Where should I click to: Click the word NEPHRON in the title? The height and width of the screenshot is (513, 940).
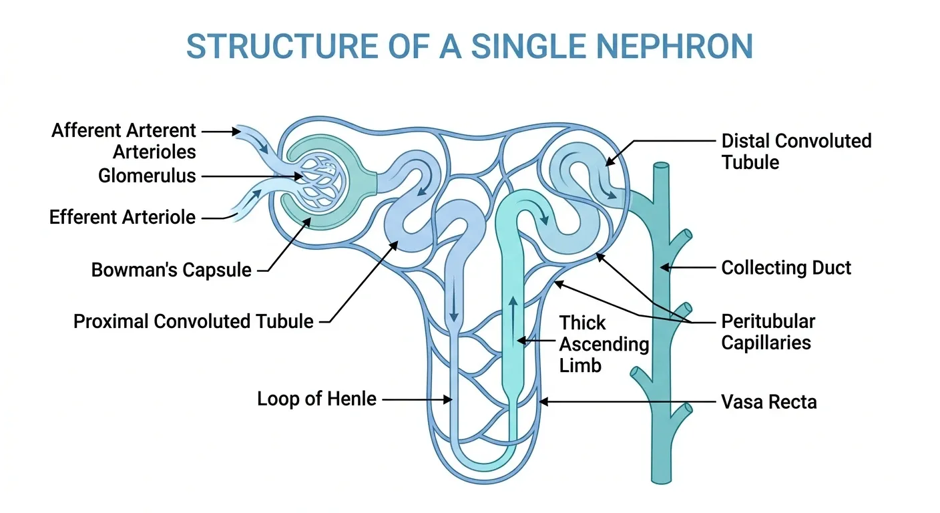point(674,46)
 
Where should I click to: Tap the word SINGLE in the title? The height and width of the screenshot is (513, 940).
point(528,46)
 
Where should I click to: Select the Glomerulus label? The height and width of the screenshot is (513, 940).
point(147,176)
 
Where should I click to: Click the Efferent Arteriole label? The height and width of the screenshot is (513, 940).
point(122,218)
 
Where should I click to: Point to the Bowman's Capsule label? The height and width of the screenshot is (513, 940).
point(171,270)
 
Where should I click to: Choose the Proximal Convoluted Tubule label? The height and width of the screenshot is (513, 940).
point(194,321)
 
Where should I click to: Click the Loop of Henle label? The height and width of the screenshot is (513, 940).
point(317,399)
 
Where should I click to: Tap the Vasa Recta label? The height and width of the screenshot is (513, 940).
point(769,402)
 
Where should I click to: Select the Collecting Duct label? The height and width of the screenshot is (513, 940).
point(786,268)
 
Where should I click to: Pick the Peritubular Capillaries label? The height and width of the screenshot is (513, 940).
point(768,332)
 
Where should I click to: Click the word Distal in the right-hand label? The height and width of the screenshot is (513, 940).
point(746,141)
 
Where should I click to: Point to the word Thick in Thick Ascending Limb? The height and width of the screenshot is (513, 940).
point(582,323)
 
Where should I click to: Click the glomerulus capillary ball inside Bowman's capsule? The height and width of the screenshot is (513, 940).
point(322,184)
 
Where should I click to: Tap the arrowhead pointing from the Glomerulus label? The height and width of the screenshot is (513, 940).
point(298,176)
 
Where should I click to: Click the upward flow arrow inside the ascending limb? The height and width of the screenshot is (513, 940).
point(513,321)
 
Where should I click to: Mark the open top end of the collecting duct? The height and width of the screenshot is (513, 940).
point(661,166)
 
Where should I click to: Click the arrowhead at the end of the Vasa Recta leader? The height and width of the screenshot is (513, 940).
point(543,401)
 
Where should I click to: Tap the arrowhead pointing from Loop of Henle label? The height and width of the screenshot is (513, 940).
point(448,399)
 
